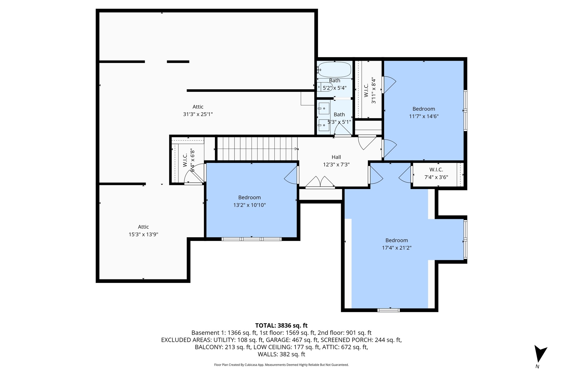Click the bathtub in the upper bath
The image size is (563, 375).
pyautogui.click(x=335, y=70)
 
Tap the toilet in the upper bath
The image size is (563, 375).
pyautogui.click(x=325, y=87)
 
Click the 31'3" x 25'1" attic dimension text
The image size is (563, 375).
pyautogui.click(x=198, y=114)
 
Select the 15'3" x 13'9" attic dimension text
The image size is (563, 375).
pyautogui.click(x=143, y=234)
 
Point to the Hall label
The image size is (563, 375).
pyautogui.click(x=336, y=157)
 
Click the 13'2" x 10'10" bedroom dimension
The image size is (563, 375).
pyautogui.click(x=249, y=205)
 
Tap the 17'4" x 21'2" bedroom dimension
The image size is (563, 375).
pyautogui.click(x=396, y=248)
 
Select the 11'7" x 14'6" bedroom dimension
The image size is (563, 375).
pyautogui.click(x=424, y=116)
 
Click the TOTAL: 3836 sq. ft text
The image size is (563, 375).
pyautogui.click(x=281, y=326)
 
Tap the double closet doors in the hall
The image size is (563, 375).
pyautogui.click(x=320, y=182)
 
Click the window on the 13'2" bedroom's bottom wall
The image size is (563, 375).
pyautogui.click(x=252, y=239)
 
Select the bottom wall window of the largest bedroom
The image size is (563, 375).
pyautogui.click(x=388, y=310)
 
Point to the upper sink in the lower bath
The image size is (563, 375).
pyautogui.click(x=324, y=109)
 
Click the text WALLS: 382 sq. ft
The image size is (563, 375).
pyautogui.click(x=281, y=354)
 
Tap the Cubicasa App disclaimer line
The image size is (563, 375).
pyautogui.click(x=281, y=365)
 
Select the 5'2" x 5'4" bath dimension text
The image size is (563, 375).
pyautogui.click(x=334, y=88)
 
